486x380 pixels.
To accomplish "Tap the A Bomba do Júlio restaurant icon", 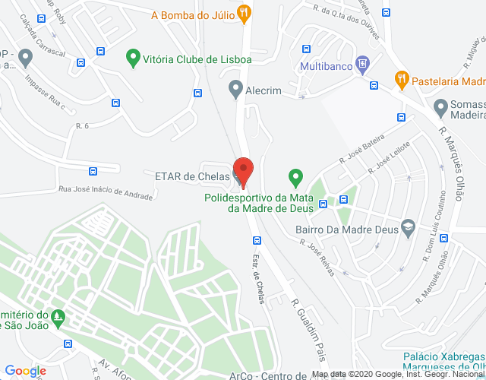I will point(243,12).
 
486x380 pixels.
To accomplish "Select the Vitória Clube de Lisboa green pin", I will point(133,57).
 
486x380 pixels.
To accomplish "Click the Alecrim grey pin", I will point(235,90).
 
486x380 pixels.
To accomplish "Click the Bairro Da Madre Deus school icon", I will point(408,226).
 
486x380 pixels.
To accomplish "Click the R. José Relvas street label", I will point(317,255).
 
